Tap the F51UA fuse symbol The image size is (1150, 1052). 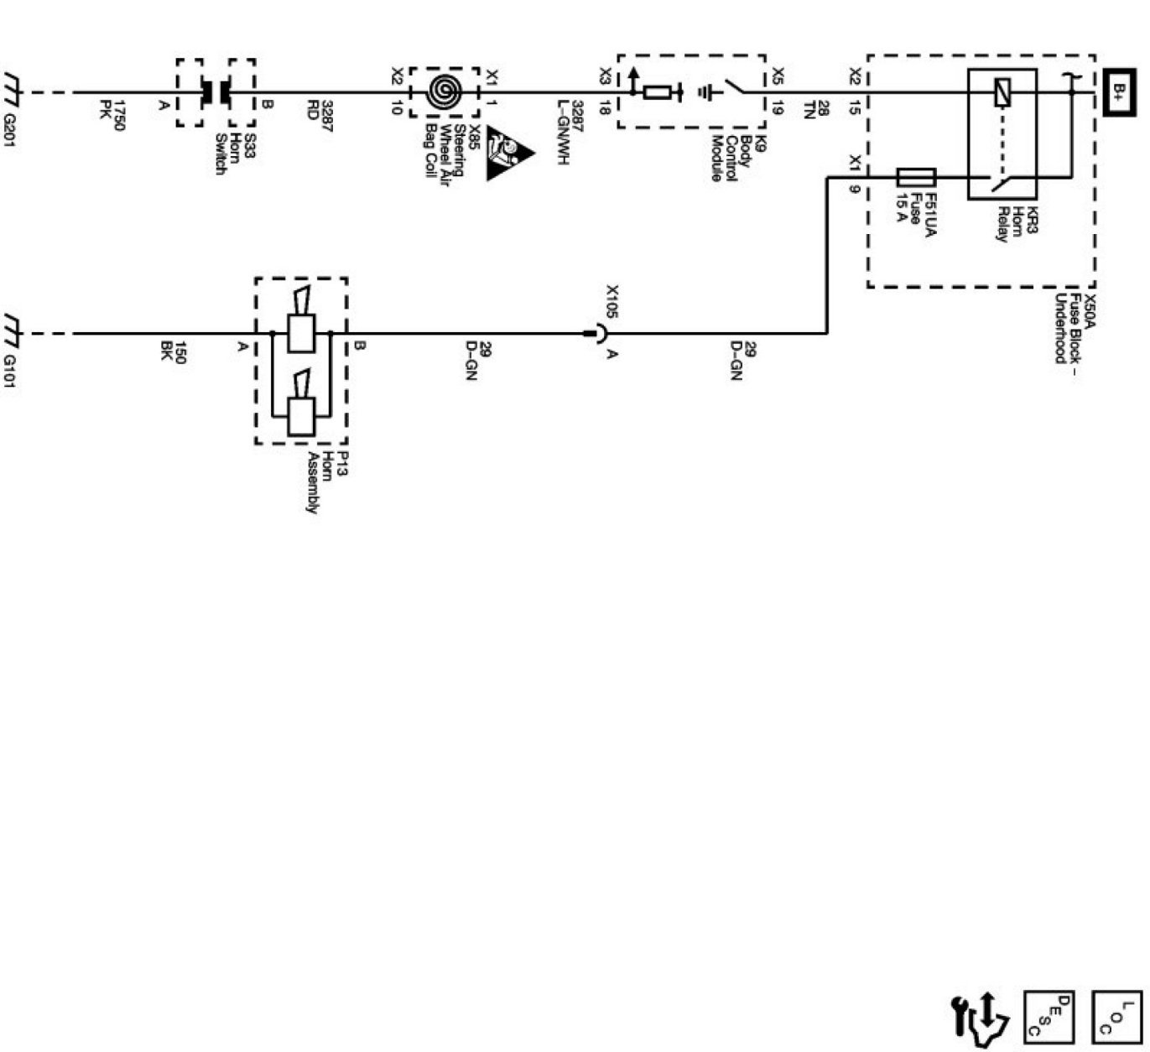(916, 177)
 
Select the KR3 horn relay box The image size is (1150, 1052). (1002, 134)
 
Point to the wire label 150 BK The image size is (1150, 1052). (173, 353)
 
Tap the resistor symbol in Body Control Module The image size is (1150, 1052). (656, 92)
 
